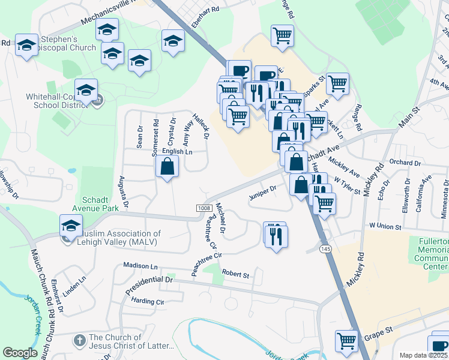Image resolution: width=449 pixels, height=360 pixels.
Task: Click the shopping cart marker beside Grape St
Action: point(347,341)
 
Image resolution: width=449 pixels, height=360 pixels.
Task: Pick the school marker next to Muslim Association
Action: point(71,226)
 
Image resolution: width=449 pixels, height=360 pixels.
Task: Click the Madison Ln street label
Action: point(139,265)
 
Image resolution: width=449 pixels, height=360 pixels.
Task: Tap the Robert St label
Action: point(235,274)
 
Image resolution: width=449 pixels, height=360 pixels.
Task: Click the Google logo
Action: point(20,353)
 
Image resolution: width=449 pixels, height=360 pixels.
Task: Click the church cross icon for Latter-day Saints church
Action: point(79,340)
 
